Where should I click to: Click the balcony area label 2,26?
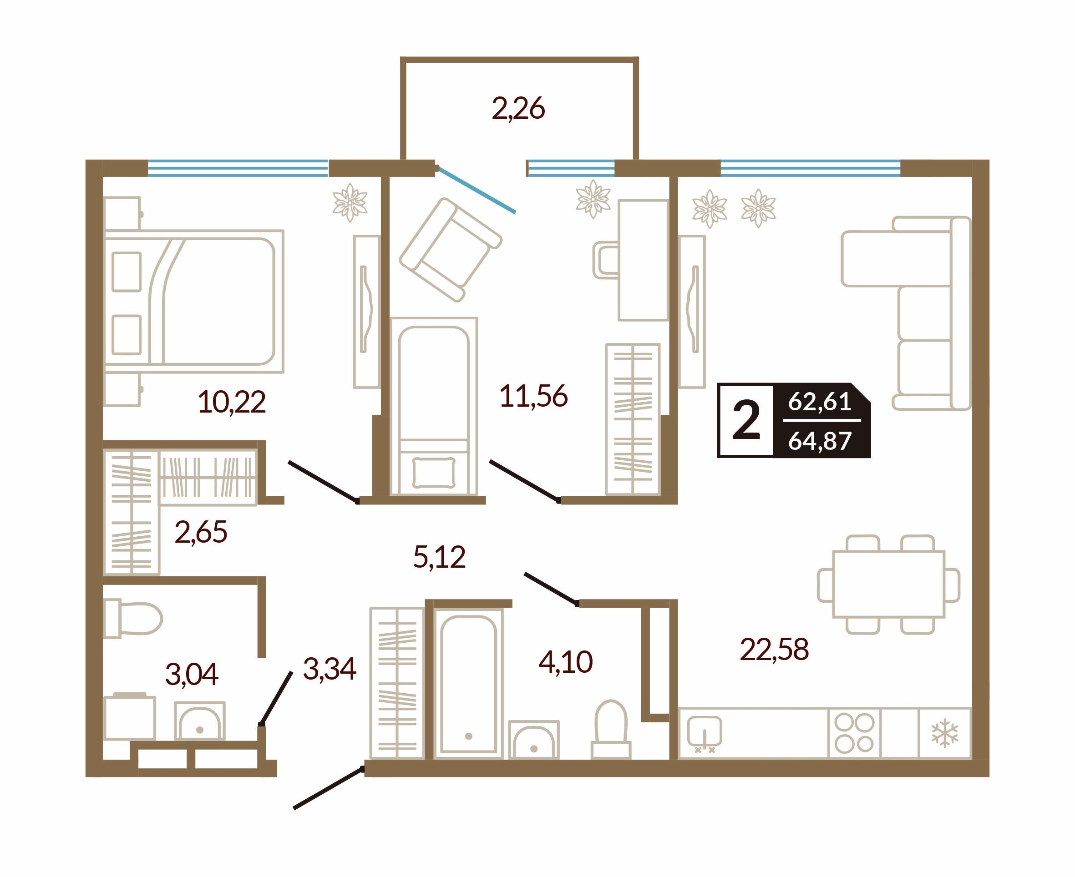point(518,109)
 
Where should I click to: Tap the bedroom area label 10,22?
point(232,403)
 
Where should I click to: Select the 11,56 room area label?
point(533,396)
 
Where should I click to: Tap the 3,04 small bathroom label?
point(192,675)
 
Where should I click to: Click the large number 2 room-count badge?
point(746,420)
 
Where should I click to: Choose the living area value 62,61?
point(820,402)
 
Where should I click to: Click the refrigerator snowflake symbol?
point(944,734)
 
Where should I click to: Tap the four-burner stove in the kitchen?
point(854,733)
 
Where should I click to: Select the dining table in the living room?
point(888,584)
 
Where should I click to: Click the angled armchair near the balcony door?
point(450,250)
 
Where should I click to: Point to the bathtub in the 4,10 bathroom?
point(468,683)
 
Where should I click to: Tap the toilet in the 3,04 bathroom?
point(133,618)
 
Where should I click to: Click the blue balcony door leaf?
point(476,189)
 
